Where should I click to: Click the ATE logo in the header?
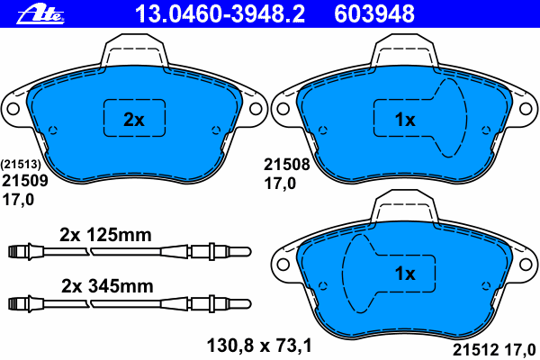pos(40,14)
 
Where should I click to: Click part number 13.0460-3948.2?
pos(220,14)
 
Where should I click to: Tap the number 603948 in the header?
pos(374,14)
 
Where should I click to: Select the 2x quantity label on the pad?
pos(134,120)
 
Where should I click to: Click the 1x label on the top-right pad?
pos(405,120)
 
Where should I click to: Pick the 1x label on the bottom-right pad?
pos(405,274)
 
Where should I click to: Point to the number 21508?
pos(287,165)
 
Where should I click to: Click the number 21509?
pos(25,181)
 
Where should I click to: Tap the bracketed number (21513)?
pos(21,165)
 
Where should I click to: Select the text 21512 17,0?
pos(494,350)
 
